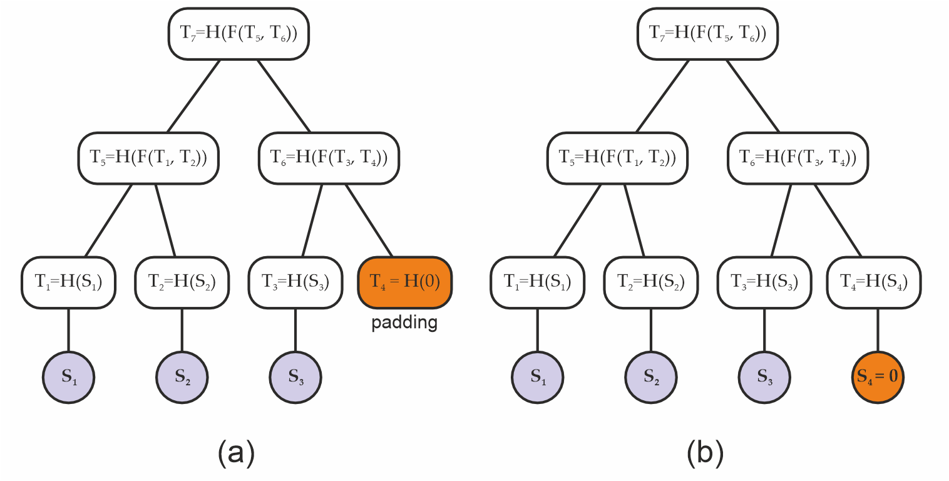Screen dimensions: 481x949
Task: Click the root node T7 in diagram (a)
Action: (239, 33)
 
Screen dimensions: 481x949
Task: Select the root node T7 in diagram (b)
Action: (707, 33)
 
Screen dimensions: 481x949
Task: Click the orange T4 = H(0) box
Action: (404, 282)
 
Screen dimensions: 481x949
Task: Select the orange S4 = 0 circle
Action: (877, 377)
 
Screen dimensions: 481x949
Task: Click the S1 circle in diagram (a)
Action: (69, 377)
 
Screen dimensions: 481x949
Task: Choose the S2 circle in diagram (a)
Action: (182, 377)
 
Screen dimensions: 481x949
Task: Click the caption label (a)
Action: (236, 452)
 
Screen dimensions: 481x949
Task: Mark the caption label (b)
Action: (705, 452)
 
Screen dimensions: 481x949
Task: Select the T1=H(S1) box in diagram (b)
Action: (537, 282)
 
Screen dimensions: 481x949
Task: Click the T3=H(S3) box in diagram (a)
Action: (295, 282)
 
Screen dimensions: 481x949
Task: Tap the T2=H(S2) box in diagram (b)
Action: (650, 282)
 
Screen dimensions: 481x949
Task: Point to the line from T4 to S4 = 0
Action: (877, 330)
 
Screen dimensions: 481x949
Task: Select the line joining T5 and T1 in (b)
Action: (577, 220)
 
